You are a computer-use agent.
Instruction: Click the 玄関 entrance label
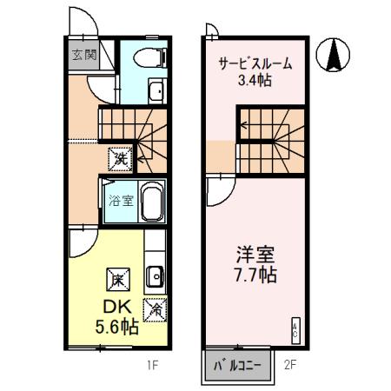pyautogui.click(x=84, y=55)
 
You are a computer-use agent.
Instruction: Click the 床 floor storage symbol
pyautogui.click(x=118, y=279)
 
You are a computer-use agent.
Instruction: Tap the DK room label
pyautogui.click(x=118, y=308)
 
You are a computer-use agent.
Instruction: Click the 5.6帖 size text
pyautogui.click(x=118, y=328)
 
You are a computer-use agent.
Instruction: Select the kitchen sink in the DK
pyautogui.click(x=156, y=275)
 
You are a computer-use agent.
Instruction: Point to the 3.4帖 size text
pyautogui.click(x=254, y=83)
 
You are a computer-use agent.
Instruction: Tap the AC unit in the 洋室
pyautogui.click(x=295, y=327)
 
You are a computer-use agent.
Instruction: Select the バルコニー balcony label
pyautogui.click(x=238, y=366)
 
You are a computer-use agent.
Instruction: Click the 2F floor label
pyautogui.click(x=290, y=365)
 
